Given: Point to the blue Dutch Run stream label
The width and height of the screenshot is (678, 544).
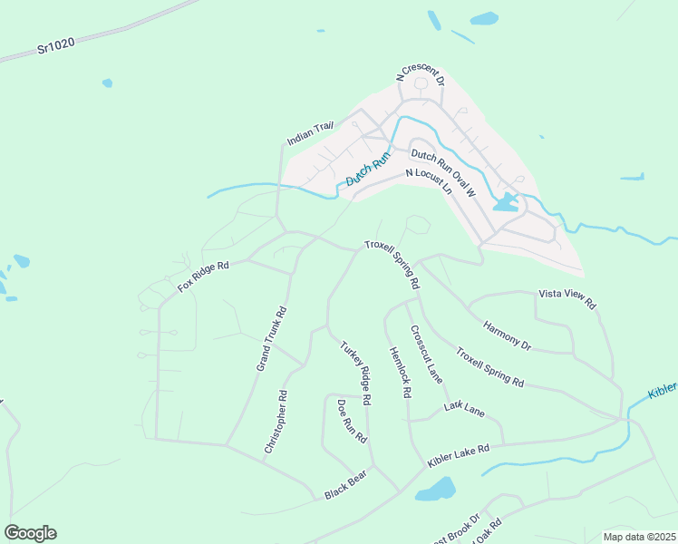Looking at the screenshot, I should pos(367,170).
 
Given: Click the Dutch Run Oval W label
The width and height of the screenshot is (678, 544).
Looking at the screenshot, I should pos(443,171).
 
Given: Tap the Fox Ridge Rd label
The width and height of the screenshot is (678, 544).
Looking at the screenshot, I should pos(204,277).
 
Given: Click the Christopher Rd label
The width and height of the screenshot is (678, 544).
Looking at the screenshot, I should pos(276,422).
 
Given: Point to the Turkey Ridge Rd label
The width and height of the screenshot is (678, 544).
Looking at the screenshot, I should pos(356,373).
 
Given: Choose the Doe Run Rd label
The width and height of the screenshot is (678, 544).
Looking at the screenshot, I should pos(352,422).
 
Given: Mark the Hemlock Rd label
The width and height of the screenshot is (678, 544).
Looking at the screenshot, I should pos(401,373).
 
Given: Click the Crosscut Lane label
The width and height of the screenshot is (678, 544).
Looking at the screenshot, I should pos(426,355).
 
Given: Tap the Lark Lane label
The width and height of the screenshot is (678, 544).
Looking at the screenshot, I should pos(465,410).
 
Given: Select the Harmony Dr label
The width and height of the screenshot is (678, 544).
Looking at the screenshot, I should pos(507,335).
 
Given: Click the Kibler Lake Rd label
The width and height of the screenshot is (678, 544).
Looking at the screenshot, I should pos(459,454).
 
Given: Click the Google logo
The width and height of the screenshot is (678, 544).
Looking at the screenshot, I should pos(30,533).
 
